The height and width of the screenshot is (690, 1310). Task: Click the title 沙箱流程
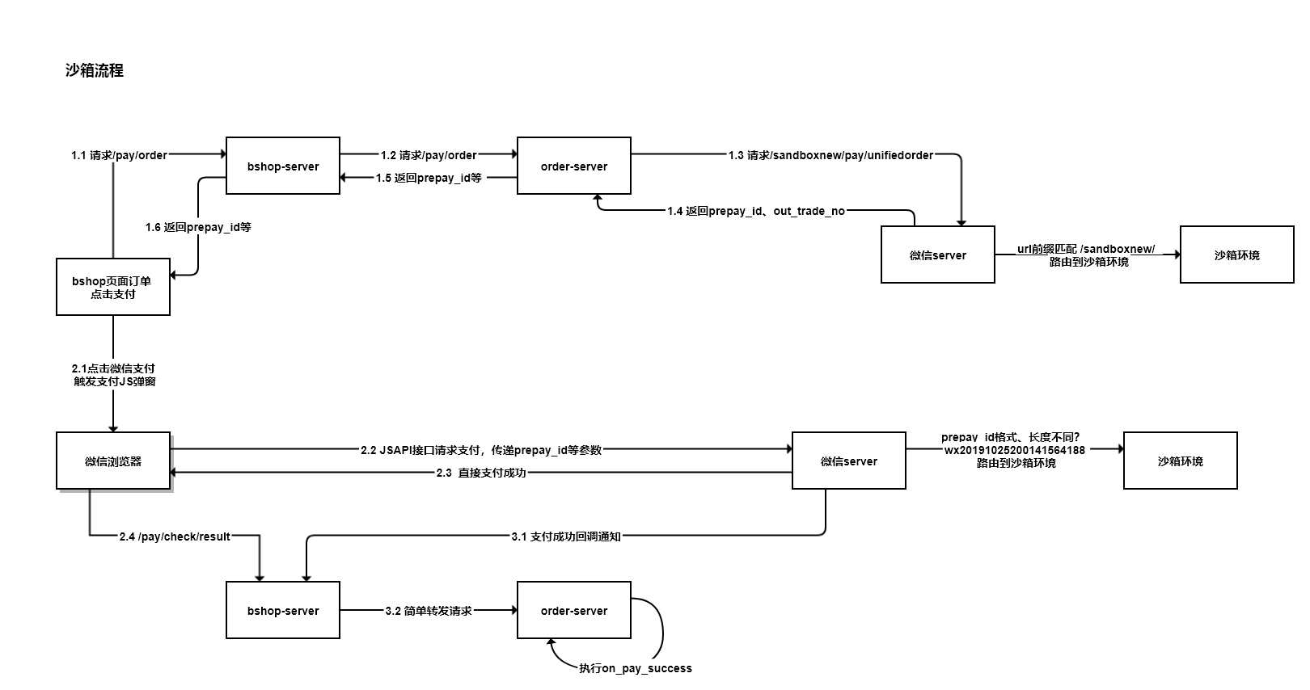(x=95, y=71)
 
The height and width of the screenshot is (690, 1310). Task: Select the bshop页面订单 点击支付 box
(x=113, y=287)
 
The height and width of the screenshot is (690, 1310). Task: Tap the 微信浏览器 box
(x=113, y=461)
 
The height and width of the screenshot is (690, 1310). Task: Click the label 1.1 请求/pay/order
(x=119, y=155)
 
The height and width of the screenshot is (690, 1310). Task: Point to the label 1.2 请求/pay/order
(x=429, y=155)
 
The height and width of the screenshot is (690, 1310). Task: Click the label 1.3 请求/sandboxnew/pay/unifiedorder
(x=830, y=155)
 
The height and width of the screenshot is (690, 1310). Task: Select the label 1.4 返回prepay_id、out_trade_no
(x=755, y=211)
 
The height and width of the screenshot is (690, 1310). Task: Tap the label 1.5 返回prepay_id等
(x=429, y=178)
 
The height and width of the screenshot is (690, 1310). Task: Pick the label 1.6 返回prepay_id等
(x=198, y=227)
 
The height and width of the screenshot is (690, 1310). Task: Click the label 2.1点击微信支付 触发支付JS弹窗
(x=113, y=375)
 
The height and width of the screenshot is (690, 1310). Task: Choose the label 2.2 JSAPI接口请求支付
(x=481, y=450)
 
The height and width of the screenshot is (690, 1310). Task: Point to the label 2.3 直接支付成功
(x=481, y=473)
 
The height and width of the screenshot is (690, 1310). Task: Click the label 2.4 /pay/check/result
(x=175, y=536)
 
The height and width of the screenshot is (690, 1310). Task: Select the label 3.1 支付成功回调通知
(x=566, y=536)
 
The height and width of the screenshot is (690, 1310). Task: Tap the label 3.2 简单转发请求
(x=429, y=611)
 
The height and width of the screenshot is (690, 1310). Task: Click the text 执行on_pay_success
(x=636, y=668)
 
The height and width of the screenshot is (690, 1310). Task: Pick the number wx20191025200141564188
(x=1015, y=450)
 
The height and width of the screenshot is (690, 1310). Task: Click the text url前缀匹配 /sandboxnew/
(x=1086, y=249)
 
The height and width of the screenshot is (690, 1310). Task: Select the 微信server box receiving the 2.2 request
(x=849, y=461)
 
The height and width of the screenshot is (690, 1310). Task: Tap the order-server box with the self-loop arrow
(x=574, y=610)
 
